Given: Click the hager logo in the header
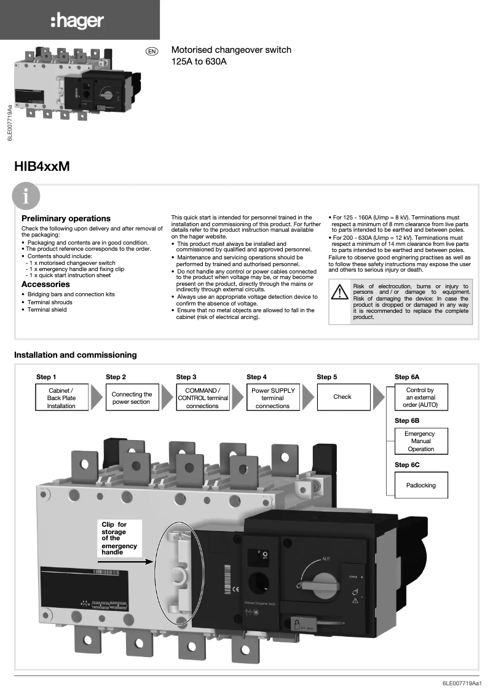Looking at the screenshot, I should [77, 22].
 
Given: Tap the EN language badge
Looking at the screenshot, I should [151, 51].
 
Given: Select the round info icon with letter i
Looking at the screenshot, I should [25, 197].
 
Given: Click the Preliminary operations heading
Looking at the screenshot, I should [66, 218].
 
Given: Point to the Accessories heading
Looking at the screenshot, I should [45, 285].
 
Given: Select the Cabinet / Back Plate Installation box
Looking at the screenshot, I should [61, 398].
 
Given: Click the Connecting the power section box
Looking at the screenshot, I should [132, 398].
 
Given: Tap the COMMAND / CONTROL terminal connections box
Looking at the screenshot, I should [202, 398].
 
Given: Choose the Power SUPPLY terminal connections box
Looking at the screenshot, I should [272, 398].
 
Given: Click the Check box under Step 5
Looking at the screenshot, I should [342, 397].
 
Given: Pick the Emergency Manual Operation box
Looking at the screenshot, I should [420, 441].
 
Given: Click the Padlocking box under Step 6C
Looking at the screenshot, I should [420, 485].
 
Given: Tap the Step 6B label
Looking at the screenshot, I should [407, 420].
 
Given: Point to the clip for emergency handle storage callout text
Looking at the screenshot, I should [119, 538].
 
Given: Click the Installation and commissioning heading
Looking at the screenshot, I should [75, 355].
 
